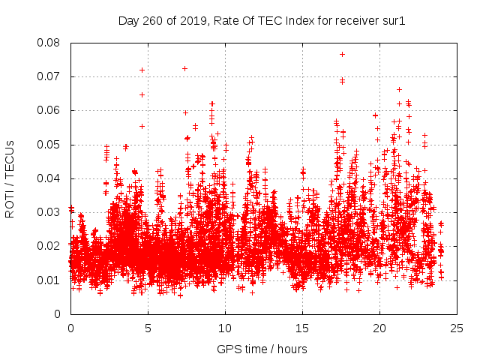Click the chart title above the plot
pos(262,20)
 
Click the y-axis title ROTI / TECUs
pos(10,178)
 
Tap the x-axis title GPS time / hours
pos(262,349)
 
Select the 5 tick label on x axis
pos(148,328)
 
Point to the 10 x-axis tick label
pos(225,328)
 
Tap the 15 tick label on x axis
pos(302,328)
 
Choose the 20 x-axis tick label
pos(379,328)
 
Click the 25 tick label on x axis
pos(457,328)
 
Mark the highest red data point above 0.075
pos(342,54)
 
